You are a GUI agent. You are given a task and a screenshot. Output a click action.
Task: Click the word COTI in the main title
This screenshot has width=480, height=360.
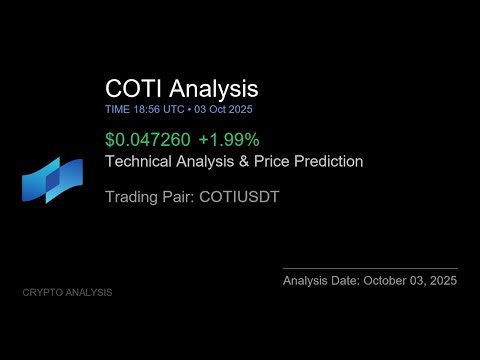click(132, 89)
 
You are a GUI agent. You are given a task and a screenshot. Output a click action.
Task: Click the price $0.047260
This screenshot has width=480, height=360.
click(143, 141)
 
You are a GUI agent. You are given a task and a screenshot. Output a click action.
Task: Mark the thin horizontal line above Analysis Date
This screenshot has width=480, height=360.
click(370, 268)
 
